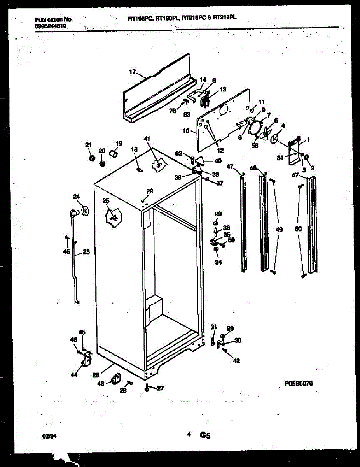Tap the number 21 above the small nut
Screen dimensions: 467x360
(88, 145)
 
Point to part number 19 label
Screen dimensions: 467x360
(119, 143)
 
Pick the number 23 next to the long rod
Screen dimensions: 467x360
(86, 252)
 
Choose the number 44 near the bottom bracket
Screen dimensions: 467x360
(73, 375)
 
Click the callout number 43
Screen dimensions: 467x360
(100, 383)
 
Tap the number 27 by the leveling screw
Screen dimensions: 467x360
(161, 388)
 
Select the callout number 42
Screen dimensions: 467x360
(236, 361)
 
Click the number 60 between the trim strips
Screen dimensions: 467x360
(298, 229)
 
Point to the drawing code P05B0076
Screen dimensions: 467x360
(299, 384)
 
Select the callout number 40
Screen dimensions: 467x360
(218, 161)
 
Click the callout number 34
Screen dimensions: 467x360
(218, 262)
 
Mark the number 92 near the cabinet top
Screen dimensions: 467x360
(178, 153)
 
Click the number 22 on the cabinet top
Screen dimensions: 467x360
(150, 191)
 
